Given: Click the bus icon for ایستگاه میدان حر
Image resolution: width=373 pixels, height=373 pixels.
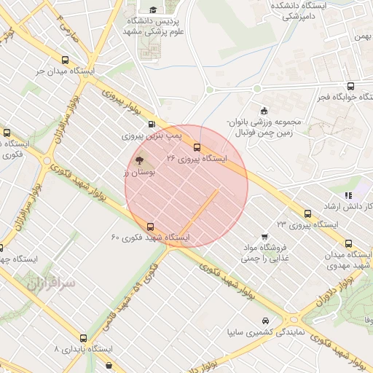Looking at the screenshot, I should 66,60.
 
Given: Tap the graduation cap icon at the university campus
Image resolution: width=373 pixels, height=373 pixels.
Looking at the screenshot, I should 153,9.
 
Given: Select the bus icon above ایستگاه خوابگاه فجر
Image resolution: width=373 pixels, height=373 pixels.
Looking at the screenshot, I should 351,86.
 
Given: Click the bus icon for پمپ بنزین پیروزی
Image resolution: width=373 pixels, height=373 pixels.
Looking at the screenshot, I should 152,124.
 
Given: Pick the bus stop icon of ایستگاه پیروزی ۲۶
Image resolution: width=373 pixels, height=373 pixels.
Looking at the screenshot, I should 196,146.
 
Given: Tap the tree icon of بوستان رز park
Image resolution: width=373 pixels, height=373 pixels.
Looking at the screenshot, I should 138,160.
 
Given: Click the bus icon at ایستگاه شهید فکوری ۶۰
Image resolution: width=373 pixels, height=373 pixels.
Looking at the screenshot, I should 151,226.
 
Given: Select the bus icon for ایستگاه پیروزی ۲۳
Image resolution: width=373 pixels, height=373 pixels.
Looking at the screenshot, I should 307,213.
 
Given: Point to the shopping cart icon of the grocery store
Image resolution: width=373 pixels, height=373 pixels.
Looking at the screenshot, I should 264,236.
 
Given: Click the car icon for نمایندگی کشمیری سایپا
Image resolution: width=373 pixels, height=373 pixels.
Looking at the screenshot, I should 264,321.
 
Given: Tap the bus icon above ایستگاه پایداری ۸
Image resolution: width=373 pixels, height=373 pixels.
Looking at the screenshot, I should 84,338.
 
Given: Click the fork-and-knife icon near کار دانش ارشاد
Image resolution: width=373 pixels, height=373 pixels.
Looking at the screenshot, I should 348,195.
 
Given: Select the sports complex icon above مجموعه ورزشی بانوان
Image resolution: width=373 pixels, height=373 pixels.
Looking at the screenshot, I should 263,109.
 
